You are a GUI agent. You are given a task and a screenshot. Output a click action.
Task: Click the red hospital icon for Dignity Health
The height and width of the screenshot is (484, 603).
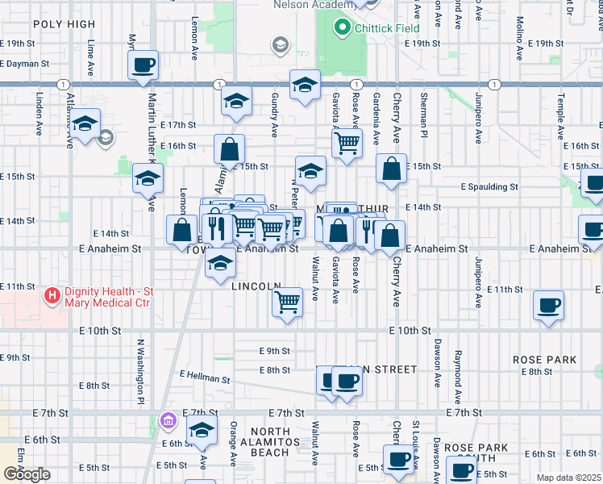(53, 297)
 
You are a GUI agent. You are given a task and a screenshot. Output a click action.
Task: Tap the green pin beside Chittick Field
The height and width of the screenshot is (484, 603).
(342, 29)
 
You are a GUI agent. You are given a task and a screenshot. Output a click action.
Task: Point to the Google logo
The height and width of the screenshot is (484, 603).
(27, 474)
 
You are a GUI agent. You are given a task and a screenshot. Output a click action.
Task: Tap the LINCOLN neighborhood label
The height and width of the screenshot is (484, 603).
(256, 286)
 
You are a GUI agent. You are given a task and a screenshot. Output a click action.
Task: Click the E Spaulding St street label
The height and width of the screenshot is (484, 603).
(489, 186)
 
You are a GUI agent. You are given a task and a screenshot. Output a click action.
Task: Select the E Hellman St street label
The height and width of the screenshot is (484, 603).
(206, 376)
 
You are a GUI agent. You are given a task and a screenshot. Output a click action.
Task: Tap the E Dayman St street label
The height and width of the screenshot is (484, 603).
(25, 62)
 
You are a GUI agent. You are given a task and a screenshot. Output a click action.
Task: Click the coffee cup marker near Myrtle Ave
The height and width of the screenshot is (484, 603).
(143, 65)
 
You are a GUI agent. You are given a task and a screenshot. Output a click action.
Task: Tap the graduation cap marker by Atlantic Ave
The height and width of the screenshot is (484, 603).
(84, 124)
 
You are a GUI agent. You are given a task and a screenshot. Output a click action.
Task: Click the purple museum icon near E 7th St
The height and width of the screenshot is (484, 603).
(167, 420)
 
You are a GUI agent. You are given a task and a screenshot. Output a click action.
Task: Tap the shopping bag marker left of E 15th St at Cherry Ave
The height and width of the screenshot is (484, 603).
(391, 169)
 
